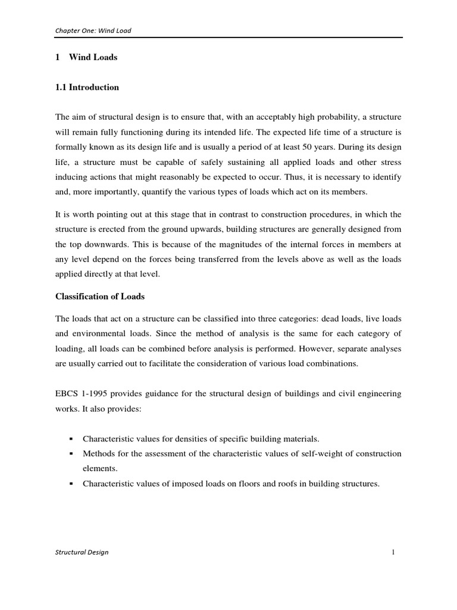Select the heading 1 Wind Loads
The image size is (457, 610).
(x=86, y=58)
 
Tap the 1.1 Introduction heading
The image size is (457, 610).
(x=87, y=88)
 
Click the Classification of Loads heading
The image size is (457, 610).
(x=100, y=296)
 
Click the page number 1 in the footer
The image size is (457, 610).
(x=393, y=552)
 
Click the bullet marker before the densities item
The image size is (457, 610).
(x=71, y=438)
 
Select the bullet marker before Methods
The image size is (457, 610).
(x=71, y=454)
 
